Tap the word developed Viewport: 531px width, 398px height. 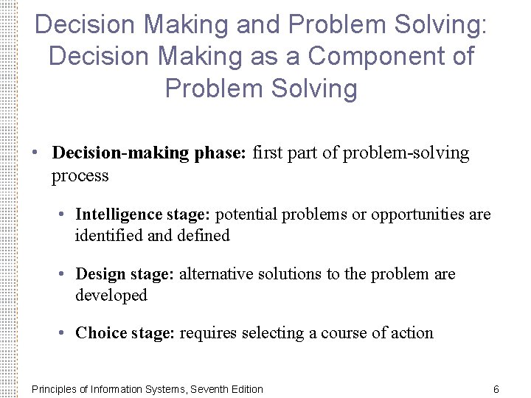click(111, 296)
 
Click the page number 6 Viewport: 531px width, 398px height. click(496, 389)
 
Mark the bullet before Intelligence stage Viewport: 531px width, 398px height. click(65, 214)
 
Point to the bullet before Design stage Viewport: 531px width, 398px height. click(65, 274)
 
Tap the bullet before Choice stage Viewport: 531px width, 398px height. click(65, 333)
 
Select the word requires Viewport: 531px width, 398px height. click(209, 333)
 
